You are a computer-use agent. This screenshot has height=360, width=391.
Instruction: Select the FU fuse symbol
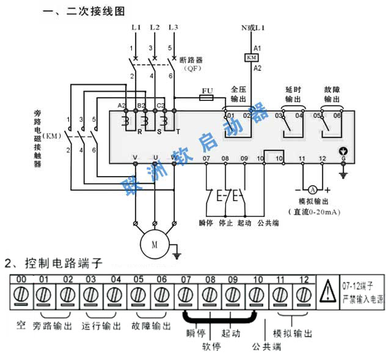206,97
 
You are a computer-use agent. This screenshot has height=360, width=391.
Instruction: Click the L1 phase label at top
136,28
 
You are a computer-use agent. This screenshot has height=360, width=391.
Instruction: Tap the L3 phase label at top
173,28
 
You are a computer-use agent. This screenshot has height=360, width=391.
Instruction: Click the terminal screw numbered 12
304,296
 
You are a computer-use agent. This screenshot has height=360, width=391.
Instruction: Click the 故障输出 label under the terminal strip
150,326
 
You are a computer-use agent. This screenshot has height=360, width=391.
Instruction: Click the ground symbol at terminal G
343,174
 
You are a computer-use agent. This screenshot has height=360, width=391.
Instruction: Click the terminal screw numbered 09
233,296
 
